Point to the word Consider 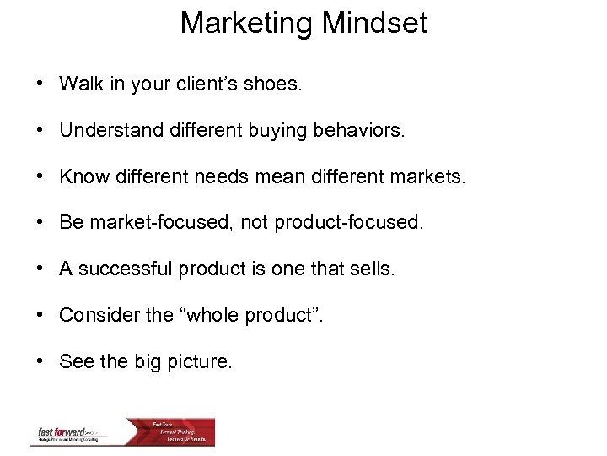(x=93, y=315)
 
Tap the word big (x=148, y=361)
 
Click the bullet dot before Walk (x=40, y=85)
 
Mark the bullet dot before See (x=40, y=362)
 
